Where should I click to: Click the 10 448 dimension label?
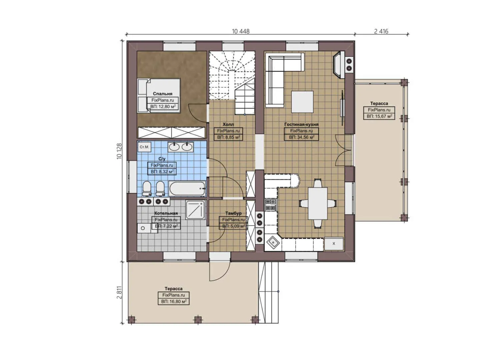pos(241,31)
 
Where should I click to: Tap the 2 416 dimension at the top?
pos(381,31)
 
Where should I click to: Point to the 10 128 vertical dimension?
pos(119,151)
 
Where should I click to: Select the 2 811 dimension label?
pos(119,292)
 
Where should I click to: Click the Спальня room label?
pos(163,94)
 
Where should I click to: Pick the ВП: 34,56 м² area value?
pos(301,137)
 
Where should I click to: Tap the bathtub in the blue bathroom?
pos(187,189)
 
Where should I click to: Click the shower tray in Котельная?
pos(195,210)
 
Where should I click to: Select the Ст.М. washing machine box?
pos(144,147)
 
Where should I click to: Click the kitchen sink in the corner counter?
pos(273,243)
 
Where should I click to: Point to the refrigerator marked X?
pos(334,244)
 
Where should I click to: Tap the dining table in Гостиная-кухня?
pos(318,203)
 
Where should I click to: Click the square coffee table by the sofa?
pos(302,102)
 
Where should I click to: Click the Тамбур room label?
pos(233,213)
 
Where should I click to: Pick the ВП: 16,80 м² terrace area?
pos(174,301)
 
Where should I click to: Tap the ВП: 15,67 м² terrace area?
pos(379,116)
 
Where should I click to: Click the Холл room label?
pos(228,124)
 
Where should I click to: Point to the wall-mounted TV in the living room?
pos(342,103)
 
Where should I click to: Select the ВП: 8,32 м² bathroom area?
pos(162,172)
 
